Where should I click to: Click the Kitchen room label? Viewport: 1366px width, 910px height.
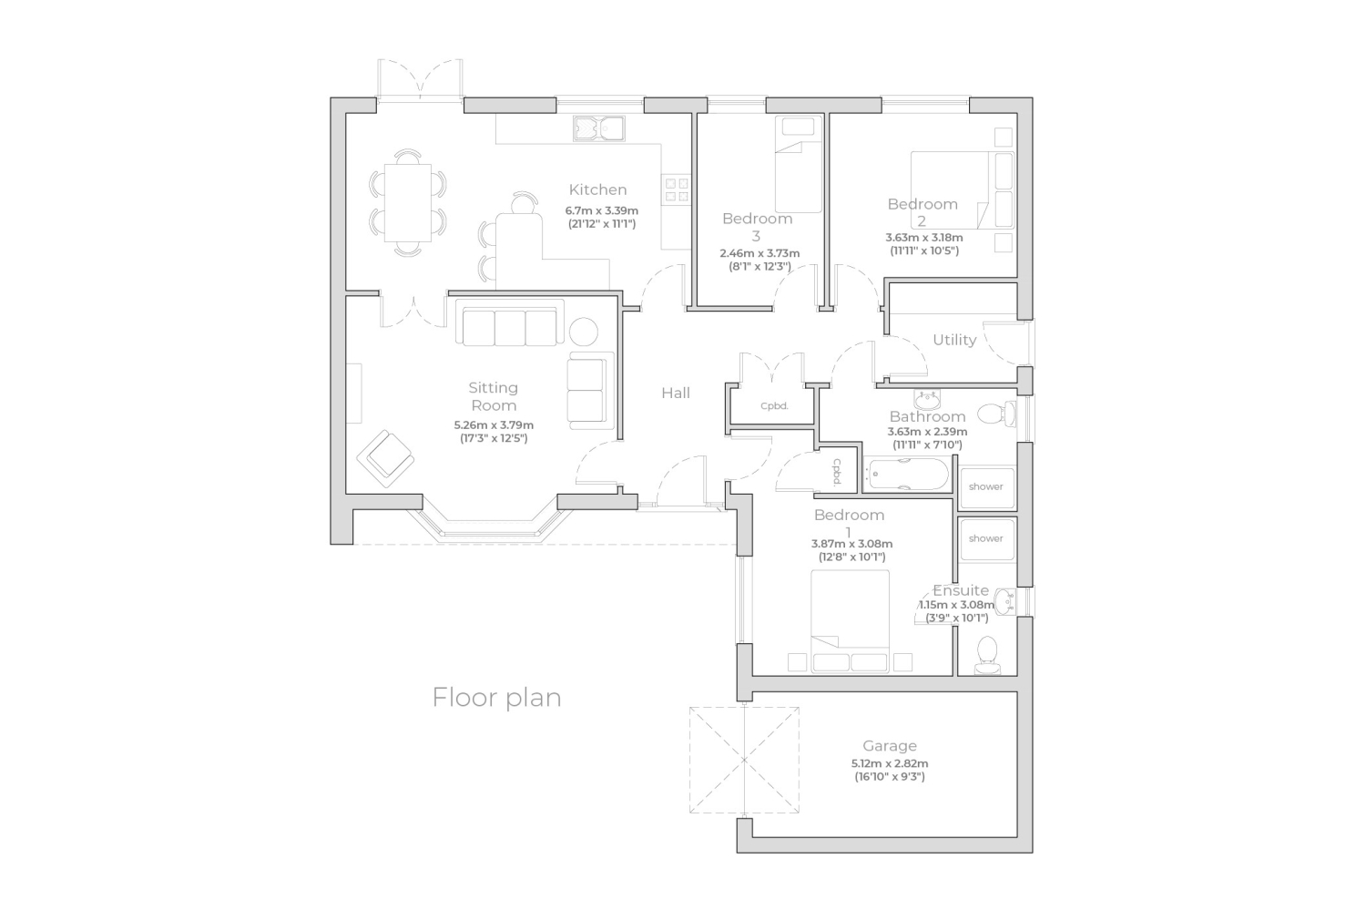click(597, 189)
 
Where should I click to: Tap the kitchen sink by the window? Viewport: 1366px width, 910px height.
click(598, 128)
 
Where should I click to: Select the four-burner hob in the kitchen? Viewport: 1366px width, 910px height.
click(677, 189)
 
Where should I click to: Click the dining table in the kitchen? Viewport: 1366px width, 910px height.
click(407, 202)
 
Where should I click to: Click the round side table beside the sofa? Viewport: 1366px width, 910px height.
click(584, 332)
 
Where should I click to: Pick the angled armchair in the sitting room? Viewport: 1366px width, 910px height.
click(385, 458)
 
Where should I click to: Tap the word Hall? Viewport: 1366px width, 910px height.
click(676, 393)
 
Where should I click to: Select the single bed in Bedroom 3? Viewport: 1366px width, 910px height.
click(799, 165)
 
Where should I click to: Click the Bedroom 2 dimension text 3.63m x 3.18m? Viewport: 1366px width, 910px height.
click(924, 238)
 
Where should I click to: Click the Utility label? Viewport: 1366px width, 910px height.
click(954, 340)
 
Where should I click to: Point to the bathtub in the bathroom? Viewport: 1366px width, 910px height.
click(908, 474)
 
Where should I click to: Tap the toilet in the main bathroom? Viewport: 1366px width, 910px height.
click(997, 414)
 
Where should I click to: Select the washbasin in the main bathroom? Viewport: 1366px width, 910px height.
click(927, 400)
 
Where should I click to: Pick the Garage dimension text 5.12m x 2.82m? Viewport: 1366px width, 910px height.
click(890, 763)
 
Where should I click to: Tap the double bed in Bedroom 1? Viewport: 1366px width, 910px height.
click(850, 621)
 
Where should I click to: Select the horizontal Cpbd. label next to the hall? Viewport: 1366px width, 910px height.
click(774, 406)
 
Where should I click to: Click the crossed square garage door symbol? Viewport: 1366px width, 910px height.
click(744, 760)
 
